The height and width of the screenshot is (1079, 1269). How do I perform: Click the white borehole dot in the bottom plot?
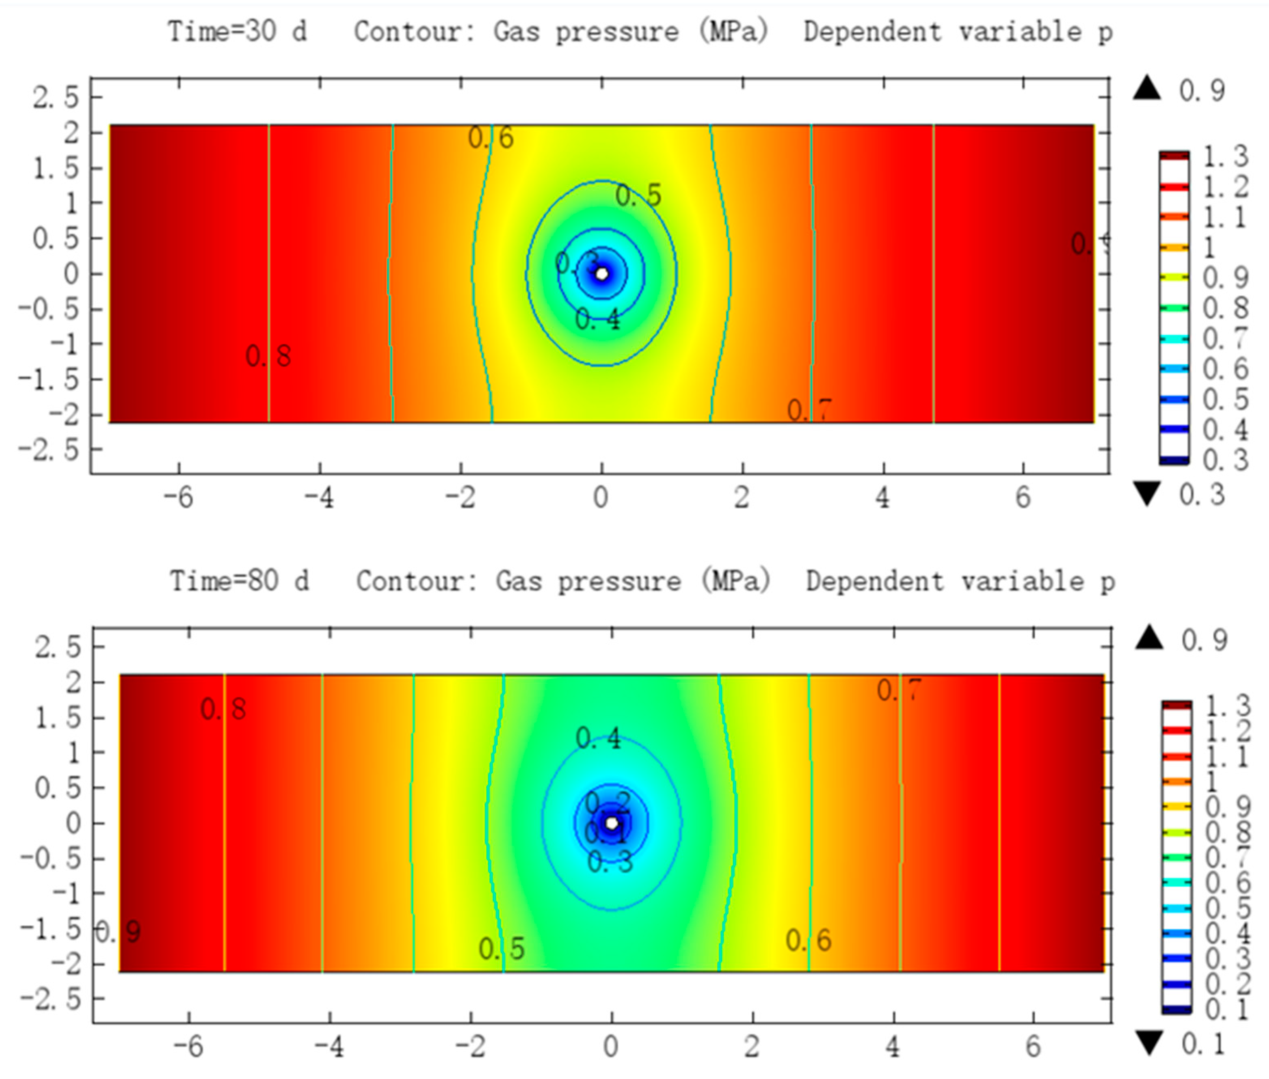pyautogui.click(x=611, y=823)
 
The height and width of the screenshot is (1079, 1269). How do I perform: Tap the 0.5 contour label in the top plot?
pyautogui.click(x=638, y=196)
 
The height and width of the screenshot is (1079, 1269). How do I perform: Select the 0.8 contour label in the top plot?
pyautogui.click(x=268, y=356)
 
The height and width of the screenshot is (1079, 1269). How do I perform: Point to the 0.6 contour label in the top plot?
pyautogui.click(x=491, y=138)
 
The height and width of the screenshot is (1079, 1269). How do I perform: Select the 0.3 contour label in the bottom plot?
pyautogui.click(x=610, y=862)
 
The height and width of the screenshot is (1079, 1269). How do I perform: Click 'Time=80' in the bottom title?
pyautogui.click(x=224, y=580)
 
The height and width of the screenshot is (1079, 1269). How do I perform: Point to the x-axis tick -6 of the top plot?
pyautogui.click(x=179, y=498)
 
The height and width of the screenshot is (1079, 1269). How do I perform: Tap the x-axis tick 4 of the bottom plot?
pyautogui.click(x=893, y=1047)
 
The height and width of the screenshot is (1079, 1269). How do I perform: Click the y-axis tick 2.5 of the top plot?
pyautogui.click(x=56, y=97)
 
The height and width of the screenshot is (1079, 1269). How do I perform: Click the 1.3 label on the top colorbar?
pyautogui.click(x=1226, y=156)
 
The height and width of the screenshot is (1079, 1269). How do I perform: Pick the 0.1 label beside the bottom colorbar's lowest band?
pyautogui.click(x=1227, y=1010)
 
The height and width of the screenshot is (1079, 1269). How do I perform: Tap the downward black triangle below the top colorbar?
pyautogui.click(x=1147, y=494)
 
